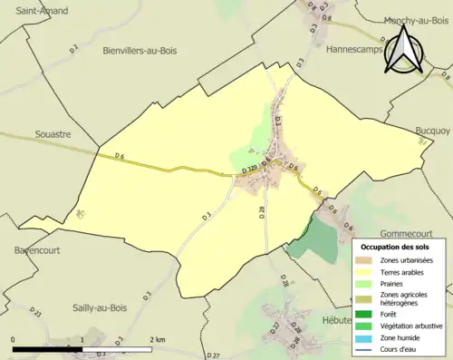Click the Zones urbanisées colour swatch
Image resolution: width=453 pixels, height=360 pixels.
tap(368, 261)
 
